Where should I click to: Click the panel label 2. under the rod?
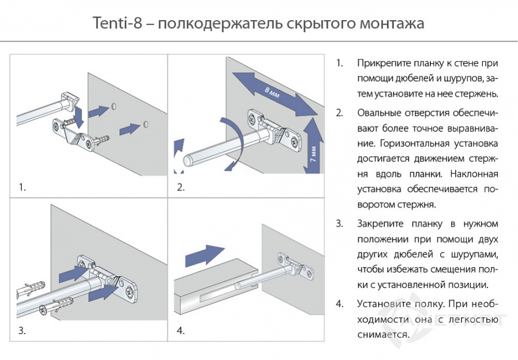click(x=181, y=187)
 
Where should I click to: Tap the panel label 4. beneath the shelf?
click(x=181, y=331)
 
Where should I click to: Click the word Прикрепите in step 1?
click(x=379, y=63)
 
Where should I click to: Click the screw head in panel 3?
click(x=44, y=312)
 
